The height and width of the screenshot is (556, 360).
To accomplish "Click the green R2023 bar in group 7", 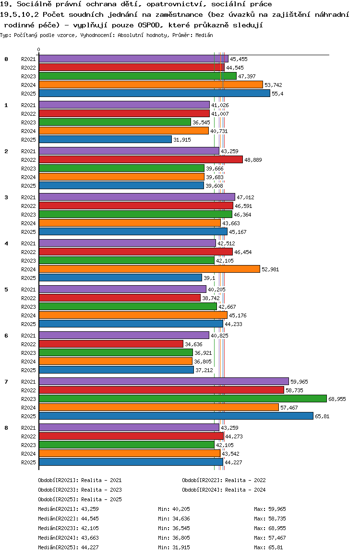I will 182,399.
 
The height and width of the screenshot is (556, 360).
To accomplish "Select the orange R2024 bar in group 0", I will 151,85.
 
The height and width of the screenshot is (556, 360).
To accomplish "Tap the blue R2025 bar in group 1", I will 105,139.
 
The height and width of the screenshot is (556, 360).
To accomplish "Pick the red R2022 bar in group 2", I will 141,159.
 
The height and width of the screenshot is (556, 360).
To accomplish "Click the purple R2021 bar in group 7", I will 164,381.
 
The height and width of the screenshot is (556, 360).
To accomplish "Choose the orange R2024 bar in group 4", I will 149,269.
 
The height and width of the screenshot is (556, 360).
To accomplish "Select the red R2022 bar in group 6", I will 111,344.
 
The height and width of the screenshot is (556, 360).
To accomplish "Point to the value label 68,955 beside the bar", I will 337,399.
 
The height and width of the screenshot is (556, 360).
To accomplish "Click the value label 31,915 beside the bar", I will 182,140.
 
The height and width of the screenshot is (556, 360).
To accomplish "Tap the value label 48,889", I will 253,160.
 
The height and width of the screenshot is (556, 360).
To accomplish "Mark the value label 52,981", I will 270,269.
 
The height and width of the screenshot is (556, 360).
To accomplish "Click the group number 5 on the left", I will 6,290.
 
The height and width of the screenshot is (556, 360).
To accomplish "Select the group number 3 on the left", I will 6,197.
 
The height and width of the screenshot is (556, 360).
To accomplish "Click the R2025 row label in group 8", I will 29,462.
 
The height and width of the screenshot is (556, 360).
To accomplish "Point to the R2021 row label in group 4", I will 29,243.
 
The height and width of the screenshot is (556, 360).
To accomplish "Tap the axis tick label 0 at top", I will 39,49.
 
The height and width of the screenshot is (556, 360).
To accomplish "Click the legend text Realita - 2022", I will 245,480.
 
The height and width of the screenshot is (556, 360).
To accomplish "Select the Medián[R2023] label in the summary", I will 57,528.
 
